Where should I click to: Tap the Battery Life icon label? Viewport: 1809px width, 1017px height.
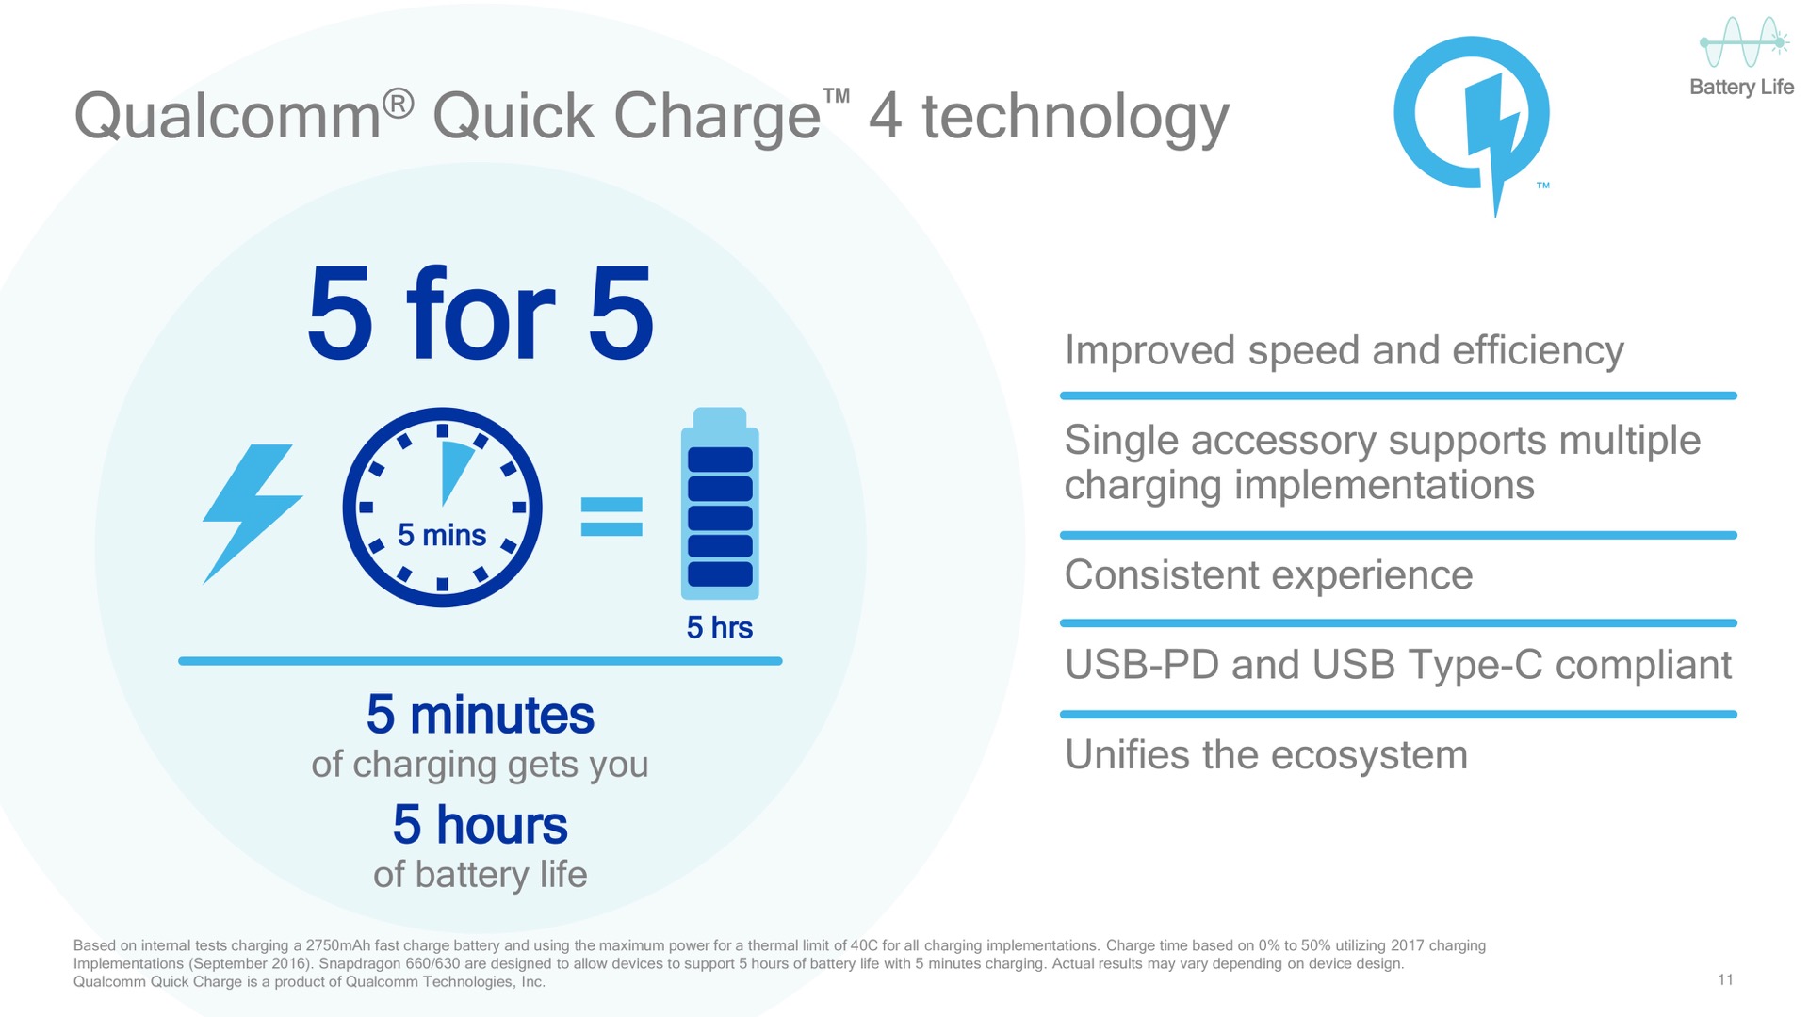click(1741, 87)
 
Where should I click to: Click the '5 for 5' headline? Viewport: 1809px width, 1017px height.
click(481, 313)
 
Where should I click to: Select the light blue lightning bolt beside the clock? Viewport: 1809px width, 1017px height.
click(253, 514)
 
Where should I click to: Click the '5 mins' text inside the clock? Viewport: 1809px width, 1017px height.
click(442, 535)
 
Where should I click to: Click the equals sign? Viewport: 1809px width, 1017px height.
click(611, 517)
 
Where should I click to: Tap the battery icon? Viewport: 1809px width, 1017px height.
click(720, 504)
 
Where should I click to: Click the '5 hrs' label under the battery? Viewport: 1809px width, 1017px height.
click(720, 627)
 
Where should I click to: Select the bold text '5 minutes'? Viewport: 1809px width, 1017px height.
click(481, 715)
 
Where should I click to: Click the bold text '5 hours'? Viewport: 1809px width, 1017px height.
click(481, 825)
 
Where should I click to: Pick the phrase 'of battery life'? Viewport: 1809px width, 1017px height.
click(481, 875)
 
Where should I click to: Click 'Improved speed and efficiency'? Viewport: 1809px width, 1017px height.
click(1345, 351)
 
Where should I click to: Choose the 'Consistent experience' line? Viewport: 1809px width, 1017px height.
click(1268, 574)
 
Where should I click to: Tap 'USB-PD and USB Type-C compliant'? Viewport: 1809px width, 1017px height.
click(1398, 665)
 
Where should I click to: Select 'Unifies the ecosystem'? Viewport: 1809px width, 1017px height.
click(1266, 754)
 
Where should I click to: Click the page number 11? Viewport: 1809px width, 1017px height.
click(1725, 979)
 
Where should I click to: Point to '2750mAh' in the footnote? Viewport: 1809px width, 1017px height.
click(337, 945)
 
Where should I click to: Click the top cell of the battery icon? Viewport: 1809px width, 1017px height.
click(720, 460)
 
